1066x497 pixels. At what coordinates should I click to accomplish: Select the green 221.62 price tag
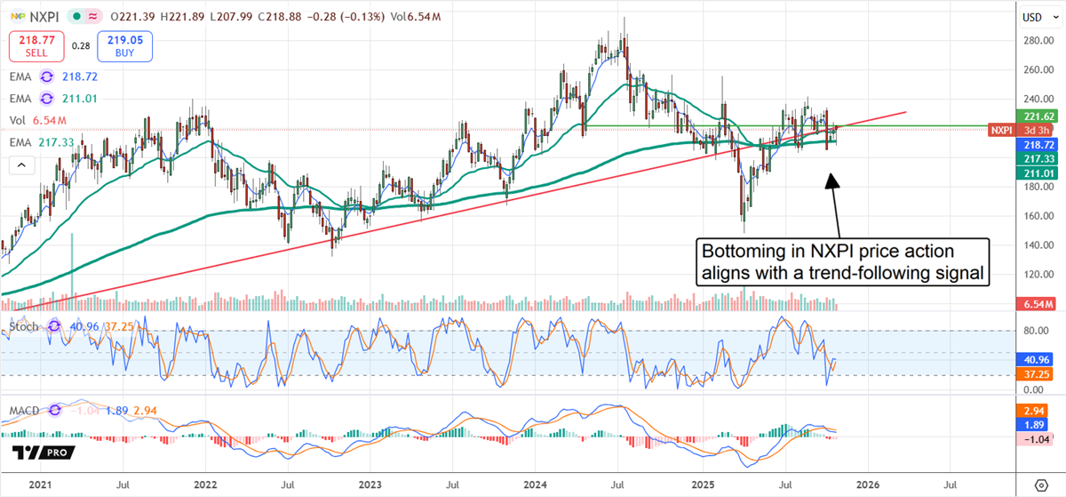pos(1035,116)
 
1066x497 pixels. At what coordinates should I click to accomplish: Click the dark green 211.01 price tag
pos(1035,172)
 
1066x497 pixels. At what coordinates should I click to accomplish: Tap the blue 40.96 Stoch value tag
pos(1036,360)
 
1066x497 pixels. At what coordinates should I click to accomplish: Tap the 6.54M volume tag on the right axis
pos(1036,305)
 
